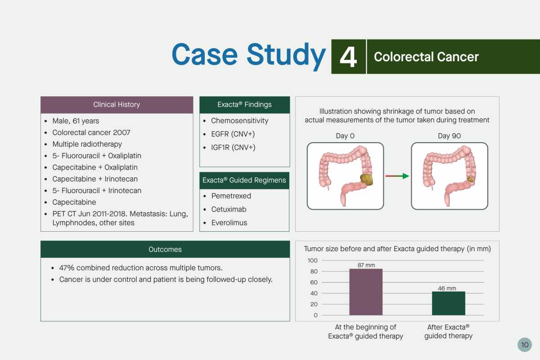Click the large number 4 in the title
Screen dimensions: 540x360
tap(348, 57)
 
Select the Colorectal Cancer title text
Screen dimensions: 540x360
tap(426, 57)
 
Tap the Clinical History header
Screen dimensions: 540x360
tap(117, 105)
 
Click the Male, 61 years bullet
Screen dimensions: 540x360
tap(76, 121)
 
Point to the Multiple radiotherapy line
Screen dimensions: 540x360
tap(87, 144)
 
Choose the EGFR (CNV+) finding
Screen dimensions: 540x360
tap(233, 134)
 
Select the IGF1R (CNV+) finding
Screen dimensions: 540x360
tap(233, 147)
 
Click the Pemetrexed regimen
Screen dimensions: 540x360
tap(231, 196)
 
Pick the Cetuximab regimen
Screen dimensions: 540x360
tap(229, 209)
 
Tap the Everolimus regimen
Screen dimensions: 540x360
tap(229, 223)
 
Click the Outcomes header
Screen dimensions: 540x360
tap(165, 249)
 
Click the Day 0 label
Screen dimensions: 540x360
tap(345, 136)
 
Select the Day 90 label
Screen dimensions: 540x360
tap(450, 136)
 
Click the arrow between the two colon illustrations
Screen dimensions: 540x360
tap(397, 176)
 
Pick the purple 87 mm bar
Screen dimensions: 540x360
tap(366, 292)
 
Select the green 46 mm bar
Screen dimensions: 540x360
tap(448, 303)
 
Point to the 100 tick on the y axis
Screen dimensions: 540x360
tap(312, 261)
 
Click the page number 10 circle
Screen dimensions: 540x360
tap(525, 345)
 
